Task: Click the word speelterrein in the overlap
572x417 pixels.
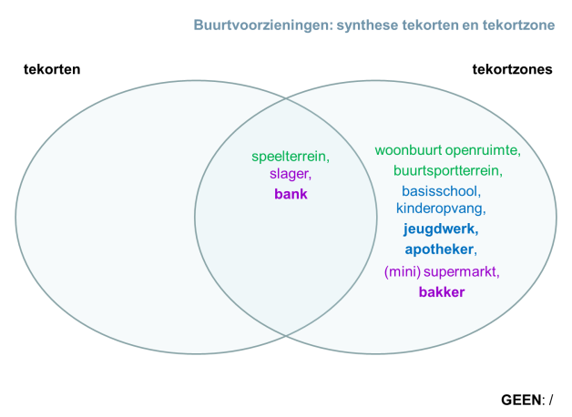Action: [x=290, y=157]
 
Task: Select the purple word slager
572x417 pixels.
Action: [x=289, y=175]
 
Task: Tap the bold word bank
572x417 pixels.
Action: [x=291, y=194]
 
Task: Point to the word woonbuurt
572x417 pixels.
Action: [x=403, y=150]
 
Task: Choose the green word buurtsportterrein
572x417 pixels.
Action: [x=447, y=170]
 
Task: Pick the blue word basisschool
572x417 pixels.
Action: [x=441, y=191]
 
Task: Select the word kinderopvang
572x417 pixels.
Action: [x=440, y=208]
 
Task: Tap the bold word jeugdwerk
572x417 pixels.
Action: [x=441, y=229]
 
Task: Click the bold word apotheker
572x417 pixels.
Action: [x=439, y=249]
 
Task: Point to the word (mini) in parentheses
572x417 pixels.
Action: [x=401, y=271]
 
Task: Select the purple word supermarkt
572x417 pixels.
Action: [x=461, y=271]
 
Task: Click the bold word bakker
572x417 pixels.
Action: [x=441, y=292]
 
